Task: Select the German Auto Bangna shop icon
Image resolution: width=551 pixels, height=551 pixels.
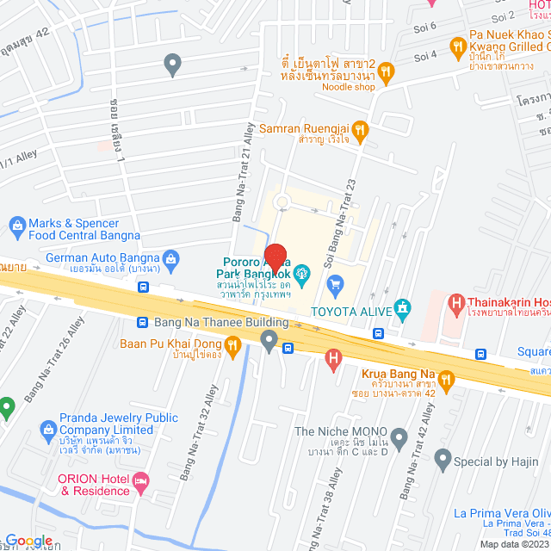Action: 171,257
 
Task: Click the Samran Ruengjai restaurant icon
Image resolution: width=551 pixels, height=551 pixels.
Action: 360,129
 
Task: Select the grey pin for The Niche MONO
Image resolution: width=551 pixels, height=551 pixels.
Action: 399,435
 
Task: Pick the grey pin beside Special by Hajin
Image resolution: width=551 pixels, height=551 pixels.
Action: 443,461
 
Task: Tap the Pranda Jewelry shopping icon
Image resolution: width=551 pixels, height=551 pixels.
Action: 48,429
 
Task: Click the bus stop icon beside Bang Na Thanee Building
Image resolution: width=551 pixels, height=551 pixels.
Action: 143,322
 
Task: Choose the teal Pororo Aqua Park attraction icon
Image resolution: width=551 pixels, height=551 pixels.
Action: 302,275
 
